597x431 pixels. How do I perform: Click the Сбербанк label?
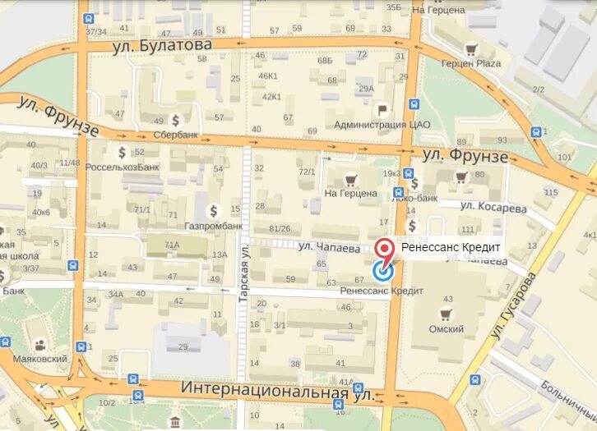pos(176,135)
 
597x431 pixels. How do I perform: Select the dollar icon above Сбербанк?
pos(175,120)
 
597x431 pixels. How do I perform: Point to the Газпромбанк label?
pos(213,225)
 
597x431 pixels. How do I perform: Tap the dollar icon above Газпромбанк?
pos(213,210)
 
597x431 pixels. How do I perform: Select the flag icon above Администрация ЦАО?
pos(382,109)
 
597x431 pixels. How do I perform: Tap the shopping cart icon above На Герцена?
pos(351,180)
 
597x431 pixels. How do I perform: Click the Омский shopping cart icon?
pos(447,314)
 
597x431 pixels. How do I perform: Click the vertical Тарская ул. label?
pos(243,272)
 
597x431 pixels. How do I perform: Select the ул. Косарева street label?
pos(493,208)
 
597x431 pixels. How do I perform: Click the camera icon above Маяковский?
pos(39,345)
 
